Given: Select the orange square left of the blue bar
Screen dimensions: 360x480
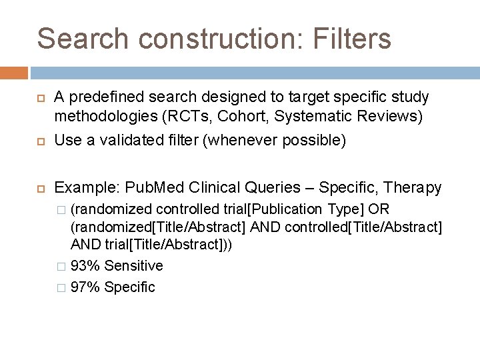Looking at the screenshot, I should click(14, 73).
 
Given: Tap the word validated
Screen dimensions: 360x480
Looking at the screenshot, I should click(127, 141).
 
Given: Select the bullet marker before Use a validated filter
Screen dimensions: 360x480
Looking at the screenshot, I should click(39, 141).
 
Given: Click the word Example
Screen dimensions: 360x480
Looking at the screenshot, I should click(86, 188).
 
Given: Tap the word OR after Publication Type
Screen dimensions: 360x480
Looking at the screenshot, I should click(379, 209).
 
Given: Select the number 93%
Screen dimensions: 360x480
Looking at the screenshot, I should click(84, 266).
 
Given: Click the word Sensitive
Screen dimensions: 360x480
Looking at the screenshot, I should click(133, 266).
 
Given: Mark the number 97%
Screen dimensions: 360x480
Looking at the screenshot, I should click(84, 287).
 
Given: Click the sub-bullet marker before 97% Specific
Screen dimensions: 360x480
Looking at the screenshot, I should click(61, 288).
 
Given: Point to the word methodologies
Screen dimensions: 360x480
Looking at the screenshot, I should click(105, 117).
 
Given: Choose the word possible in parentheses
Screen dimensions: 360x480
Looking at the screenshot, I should click(312, 141).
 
